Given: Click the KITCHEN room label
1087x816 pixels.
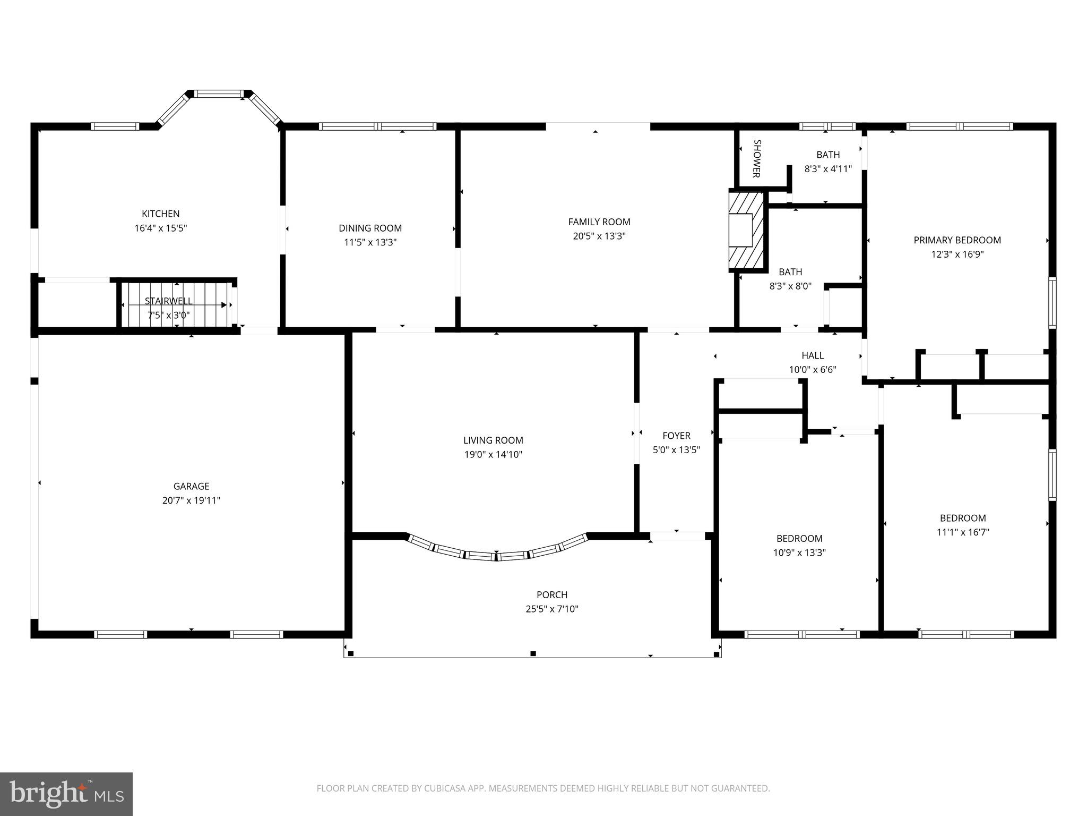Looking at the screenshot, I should (160, 214).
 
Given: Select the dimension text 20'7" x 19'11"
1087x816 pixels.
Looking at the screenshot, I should (191, 500).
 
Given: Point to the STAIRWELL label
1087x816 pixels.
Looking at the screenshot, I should (168, 301).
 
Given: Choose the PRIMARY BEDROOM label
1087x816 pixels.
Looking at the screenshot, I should (957, 240).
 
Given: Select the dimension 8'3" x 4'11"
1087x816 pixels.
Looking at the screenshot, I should (828, 169).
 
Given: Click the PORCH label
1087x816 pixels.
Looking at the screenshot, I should (551, 594).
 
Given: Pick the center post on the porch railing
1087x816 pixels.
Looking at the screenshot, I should (533, 653).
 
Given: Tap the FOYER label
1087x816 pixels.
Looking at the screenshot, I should (676, 436).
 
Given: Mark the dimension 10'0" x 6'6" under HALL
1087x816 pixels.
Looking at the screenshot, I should (812, 370).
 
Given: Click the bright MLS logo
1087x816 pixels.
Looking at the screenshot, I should (66, 794).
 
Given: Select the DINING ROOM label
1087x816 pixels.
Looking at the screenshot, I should (370, 228).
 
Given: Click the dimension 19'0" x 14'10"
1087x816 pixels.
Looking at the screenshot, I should (493, 455).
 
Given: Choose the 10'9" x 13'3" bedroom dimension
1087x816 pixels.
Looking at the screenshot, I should (799, 552).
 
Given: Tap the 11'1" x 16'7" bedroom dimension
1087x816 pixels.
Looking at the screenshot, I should (963, 532).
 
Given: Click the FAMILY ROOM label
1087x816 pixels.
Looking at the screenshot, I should (599, 222).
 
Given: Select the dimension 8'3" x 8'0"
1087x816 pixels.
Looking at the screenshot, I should (790, 286).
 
